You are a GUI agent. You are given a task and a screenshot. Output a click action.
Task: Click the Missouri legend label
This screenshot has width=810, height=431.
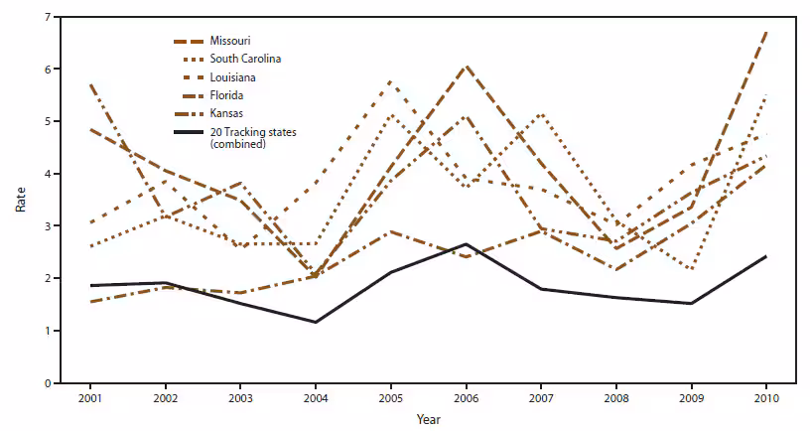click(229, 40)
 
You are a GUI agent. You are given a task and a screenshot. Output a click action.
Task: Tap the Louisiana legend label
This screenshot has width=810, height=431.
click(232, 76)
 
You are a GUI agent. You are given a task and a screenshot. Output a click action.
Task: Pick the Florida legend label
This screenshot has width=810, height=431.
click(225, 95)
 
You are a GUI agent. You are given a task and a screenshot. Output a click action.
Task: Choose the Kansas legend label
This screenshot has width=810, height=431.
click(225, 114)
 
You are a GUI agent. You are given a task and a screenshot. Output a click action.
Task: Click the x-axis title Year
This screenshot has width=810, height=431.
click(429, 418)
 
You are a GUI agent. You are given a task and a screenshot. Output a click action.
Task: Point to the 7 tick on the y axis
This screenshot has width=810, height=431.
click(48, 17)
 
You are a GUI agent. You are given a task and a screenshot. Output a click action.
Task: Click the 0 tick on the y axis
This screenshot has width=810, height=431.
click(48, 382)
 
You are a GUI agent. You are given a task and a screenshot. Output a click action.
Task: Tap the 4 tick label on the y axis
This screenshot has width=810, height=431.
click(48, 174)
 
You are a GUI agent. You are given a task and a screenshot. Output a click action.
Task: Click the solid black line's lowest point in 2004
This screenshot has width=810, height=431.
click(316, 322)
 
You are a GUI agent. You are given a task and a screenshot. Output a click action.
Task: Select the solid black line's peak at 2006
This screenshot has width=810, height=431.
click(466, 244)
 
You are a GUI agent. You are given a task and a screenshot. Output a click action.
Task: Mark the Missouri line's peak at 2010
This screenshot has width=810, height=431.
click(766, 33)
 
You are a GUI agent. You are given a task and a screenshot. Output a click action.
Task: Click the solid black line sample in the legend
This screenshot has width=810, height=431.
click(188, 132)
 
